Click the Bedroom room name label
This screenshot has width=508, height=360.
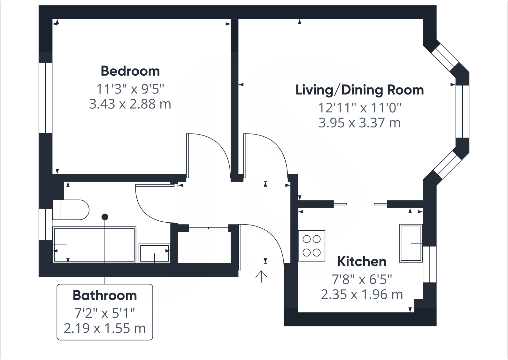(x=130, y=71)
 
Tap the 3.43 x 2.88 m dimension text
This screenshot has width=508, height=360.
(x=130, y=104)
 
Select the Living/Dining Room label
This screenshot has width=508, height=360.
(x=359, y=90)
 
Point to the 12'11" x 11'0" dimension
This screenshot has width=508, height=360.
(x=359, y=108)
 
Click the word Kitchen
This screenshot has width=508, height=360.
(x=362, y=262)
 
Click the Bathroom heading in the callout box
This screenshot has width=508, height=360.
(x=105, y=295)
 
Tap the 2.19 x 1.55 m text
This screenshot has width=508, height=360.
(x=105, y=328)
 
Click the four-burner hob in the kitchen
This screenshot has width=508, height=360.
(x=312, y=246)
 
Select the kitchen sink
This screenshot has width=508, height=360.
(x=411, y=243)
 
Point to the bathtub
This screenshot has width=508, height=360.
(x=94, y=245)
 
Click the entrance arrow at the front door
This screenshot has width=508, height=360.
(x=261, y=276)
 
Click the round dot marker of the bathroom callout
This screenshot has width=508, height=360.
(x=105, y=217)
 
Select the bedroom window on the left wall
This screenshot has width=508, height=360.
(x=45, y=98)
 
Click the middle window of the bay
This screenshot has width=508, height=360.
(x=462, y=111)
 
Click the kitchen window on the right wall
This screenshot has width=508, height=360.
(x=430, y=264)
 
